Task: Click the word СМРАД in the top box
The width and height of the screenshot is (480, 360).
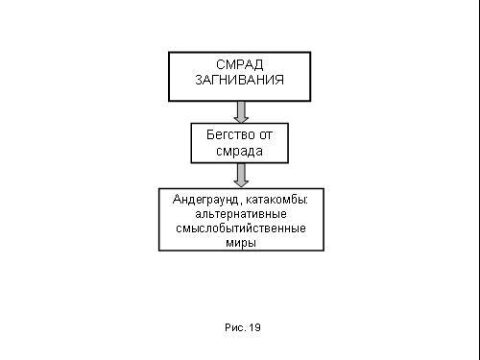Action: coord(240,65)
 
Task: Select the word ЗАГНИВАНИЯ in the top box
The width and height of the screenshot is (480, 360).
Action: coord(240,80)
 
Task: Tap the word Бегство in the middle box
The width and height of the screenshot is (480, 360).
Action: coord(230,134)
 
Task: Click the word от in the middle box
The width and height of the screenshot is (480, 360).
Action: coord(266,135)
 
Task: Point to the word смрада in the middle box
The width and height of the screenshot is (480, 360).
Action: coord(239,152)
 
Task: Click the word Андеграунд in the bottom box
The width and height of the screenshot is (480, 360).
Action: coord(205,200)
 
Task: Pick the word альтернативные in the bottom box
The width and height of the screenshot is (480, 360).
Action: coord(241,214)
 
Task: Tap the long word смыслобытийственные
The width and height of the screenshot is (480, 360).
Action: coord(241,228)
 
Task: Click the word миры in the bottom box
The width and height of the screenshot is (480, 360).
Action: coord(241,243)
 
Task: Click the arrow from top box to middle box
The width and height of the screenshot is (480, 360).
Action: coord(241,112)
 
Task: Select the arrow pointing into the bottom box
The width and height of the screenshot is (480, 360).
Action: coord(241,176)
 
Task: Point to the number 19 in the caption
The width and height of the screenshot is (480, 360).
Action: coord(254,327)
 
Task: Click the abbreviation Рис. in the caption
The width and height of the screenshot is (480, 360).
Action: coord(235,327)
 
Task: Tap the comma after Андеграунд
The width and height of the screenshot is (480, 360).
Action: coord(240,204)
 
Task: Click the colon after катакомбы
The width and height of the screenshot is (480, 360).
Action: coord(306,201)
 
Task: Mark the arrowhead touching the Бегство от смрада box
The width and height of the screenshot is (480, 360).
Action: coord(241,120)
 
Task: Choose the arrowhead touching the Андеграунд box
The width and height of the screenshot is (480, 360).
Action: coord(241,184)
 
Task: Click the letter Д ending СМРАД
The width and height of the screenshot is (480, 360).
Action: coord(258,65)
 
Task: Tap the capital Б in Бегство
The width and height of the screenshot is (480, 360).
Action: coord(210,134)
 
